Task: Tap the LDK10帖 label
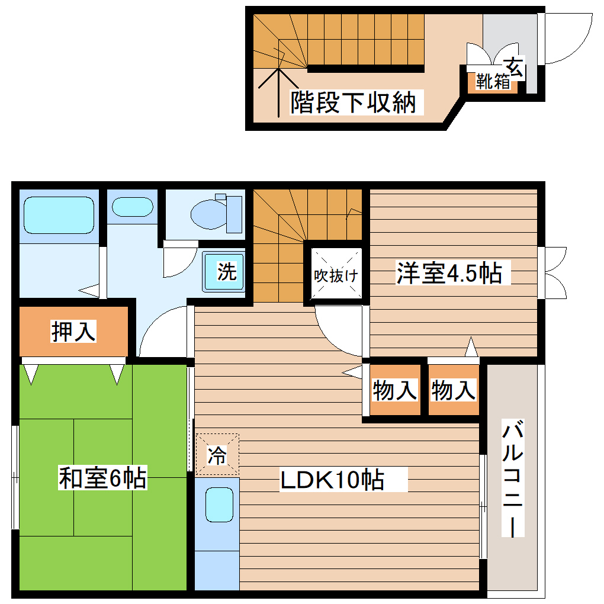(x=332, y=480)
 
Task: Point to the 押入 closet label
(x=73, y=332)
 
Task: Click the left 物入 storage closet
(x=395, y=390)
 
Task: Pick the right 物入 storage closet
(x=454, y=390)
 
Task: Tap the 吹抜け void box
(x=336, y=275)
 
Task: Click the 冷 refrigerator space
(x=217, y=455)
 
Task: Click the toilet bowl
(x=207, y=213)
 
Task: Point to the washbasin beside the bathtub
(x=132, y=207)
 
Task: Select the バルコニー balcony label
(x=513, y=478)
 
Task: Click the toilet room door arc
(x=178, y=261)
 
